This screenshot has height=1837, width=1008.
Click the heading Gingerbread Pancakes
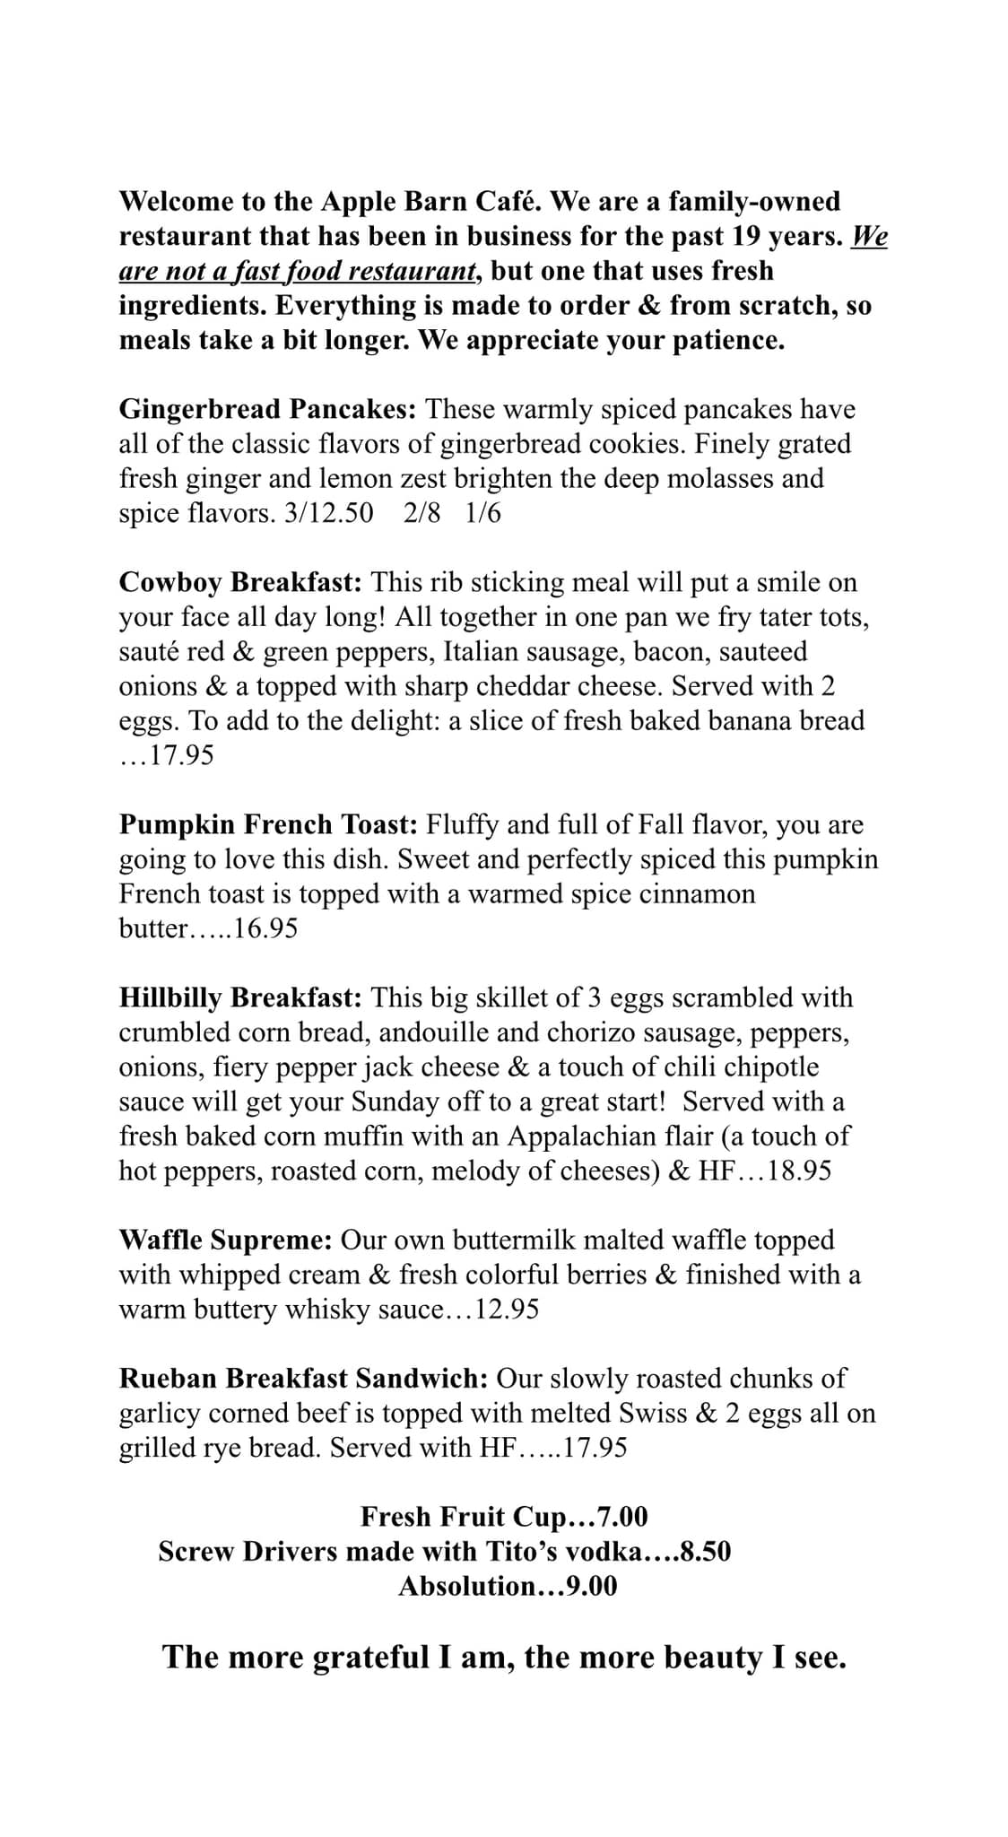click(267, 410)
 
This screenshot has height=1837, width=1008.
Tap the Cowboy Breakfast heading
click(240, 583)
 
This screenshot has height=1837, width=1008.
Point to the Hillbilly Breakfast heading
click(240, 997)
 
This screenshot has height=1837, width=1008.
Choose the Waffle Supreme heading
click(226, 1241)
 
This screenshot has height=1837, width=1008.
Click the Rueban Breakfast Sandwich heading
click(303, 1379)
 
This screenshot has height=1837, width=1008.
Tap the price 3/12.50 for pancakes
click(327, 514)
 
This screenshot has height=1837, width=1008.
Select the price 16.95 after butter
click(265, 928)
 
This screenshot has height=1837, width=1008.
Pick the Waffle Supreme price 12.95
click(507, 1310)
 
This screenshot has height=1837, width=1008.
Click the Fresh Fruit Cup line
click(504, 1517)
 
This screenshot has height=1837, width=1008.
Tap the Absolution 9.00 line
click(508, 1586)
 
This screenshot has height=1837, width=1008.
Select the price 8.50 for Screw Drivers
click(705, 1552)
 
